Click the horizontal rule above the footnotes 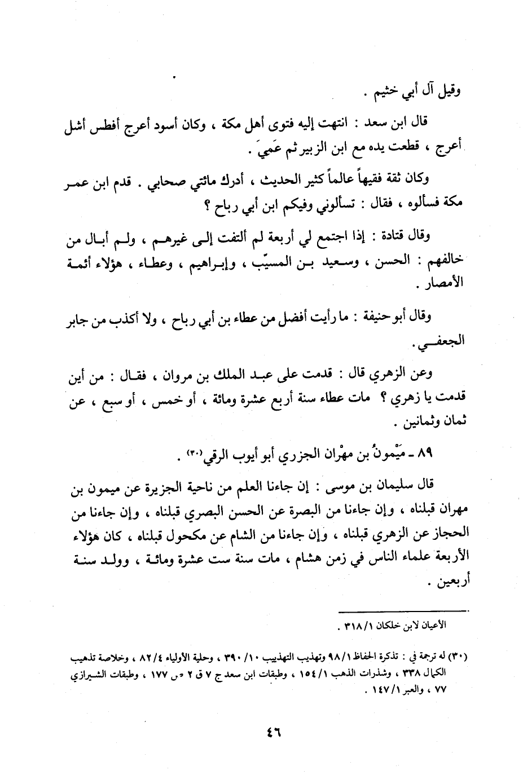tap(404, 610)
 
